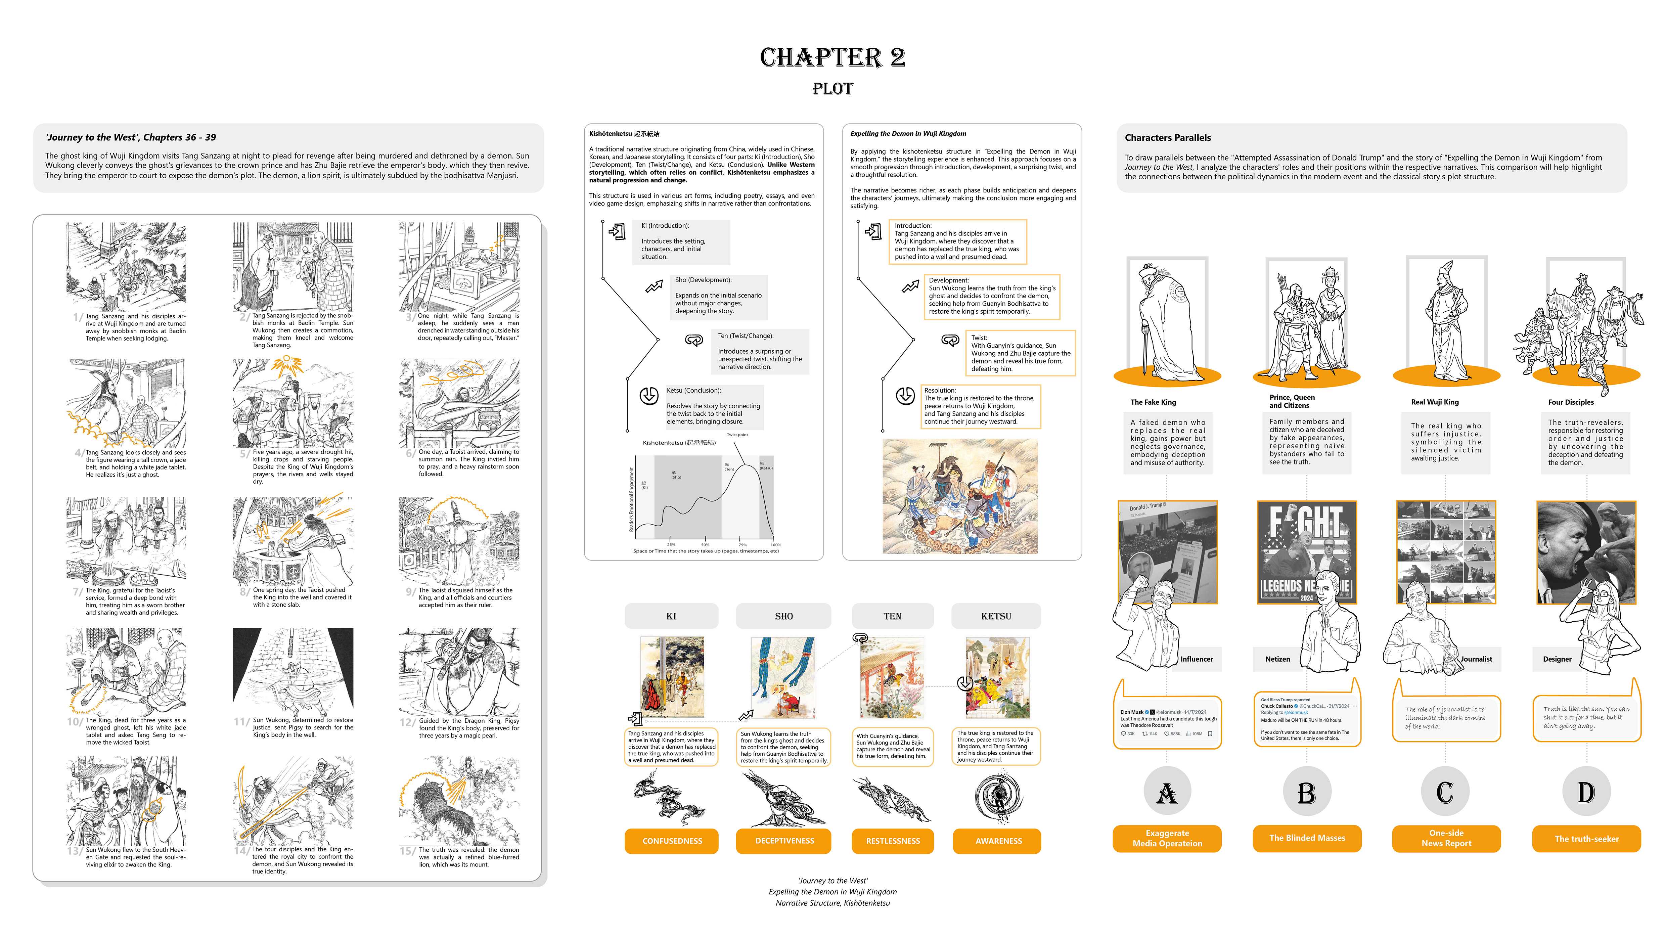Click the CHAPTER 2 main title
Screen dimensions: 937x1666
tap(832, 57)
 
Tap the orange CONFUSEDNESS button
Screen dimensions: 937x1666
tap(671, 841)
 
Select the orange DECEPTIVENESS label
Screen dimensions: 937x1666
tap(783, 841)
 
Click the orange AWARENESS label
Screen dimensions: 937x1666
tap(998, 841)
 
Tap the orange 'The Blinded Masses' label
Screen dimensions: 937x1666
tap(1306, 838)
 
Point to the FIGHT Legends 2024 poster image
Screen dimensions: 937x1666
tap(1306, 551)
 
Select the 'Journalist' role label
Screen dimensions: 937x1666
tap(1476, 659)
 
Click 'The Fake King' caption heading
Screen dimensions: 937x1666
tap(1153, 402)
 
